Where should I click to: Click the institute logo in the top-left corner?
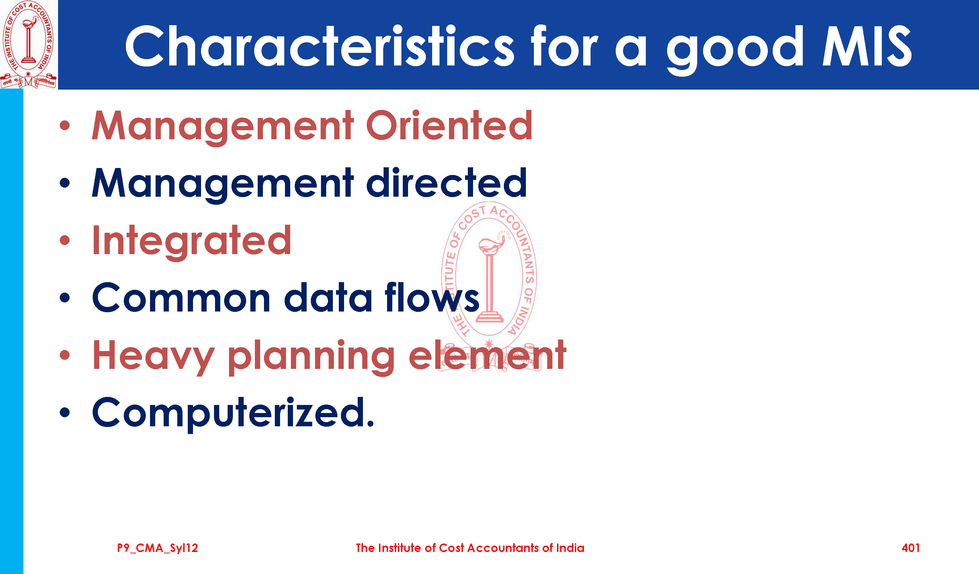(28, 44)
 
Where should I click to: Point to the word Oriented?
(449, 125)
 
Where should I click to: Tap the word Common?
(181, 297)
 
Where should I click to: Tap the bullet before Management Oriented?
(65, 125)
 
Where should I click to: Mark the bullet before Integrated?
(65, 240)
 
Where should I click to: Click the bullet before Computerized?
(65, 412)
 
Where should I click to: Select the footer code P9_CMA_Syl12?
(157, 548)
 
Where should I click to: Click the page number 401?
(910, 548)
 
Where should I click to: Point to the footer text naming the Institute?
(470, 548)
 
